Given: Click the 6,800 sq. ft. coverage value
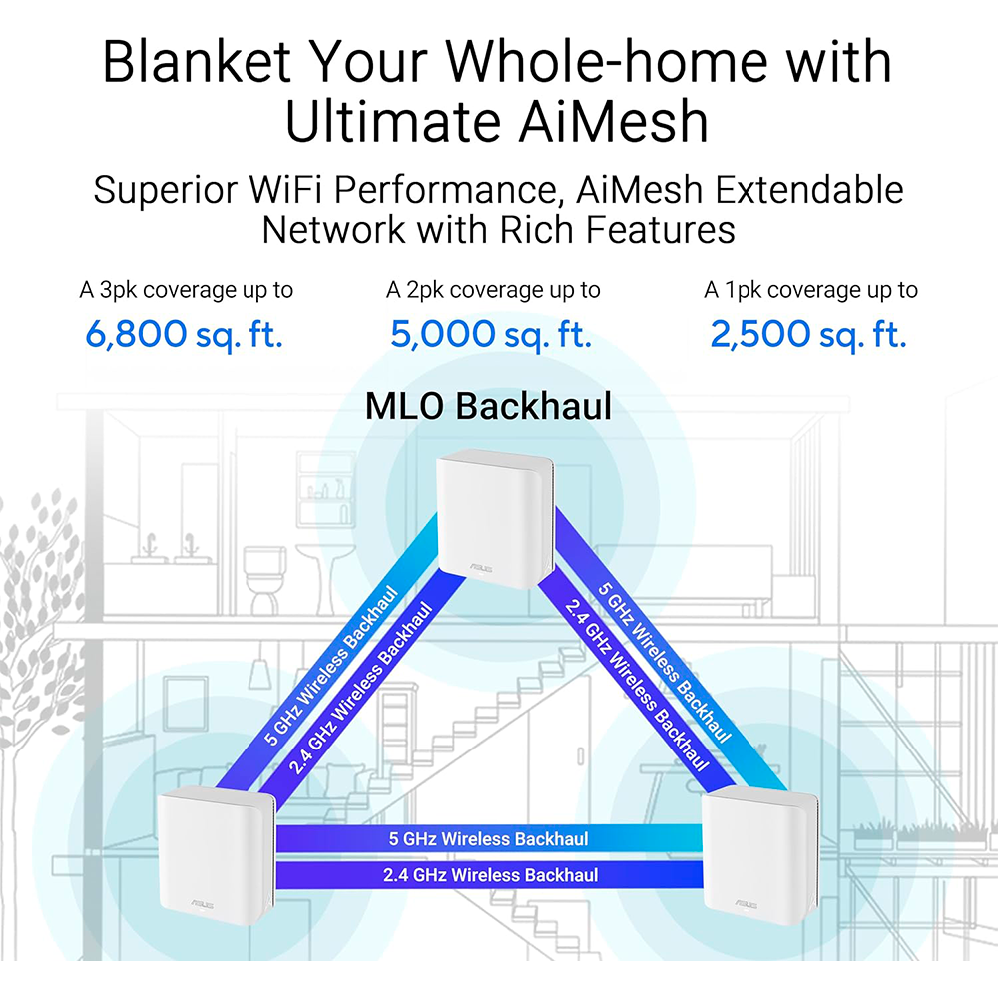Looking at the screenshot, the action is tap(184, 334).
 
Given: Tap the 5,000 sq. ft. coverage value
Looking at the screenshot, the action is tap(491, 334).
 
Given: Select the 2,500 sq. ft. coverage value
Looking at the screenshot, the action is tap(808, 334).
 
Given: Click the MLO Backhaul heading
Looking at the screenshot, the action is tap(488, 406).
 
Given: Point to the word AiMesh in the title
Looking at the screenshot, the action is tap(613, 121).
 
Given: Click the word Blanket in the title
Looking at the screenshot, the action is tap(197, 61).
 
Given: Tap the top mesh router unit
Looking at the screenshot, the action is tap(495, 517).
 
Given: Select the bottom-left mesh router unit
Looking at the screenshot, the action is tap(216, 854).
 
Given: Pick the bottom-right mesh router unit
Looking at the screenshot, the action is tap(759, 854).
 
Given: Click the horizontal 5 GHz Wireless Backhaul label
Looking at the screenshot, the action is tap(488, 839).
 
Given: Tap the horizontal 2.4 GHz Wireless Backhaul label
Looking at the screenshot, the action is tap(490, 875).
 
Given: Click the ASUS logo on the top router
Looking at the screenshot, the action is tap(481, 567).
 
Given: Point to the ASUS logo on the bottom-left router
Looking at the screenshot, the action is tap(202, 904).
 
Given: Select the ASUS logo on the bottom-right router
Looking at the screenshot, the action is tap(746, 904).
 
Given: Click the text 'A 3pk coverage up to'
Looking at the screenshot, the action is tap(186, 290).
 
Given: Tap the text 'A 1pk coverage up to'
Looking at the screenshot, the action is tap(810, 290).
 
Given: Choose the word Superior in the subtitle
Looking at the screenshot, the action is tap(166, 190).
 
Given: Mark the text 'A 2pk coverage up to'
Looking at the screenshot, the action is tap(493, 290).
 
